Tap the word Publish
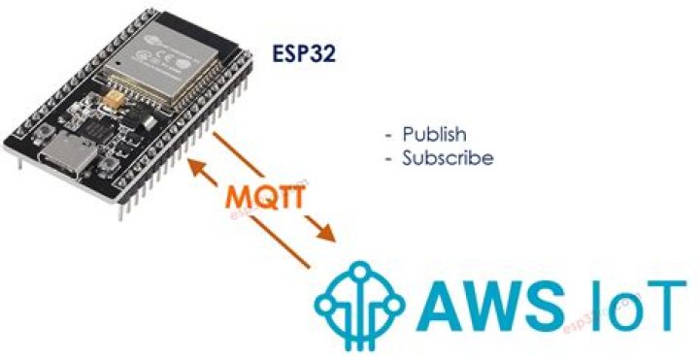[x=434, y=133]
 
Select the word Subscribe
[x=448, y=156]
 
